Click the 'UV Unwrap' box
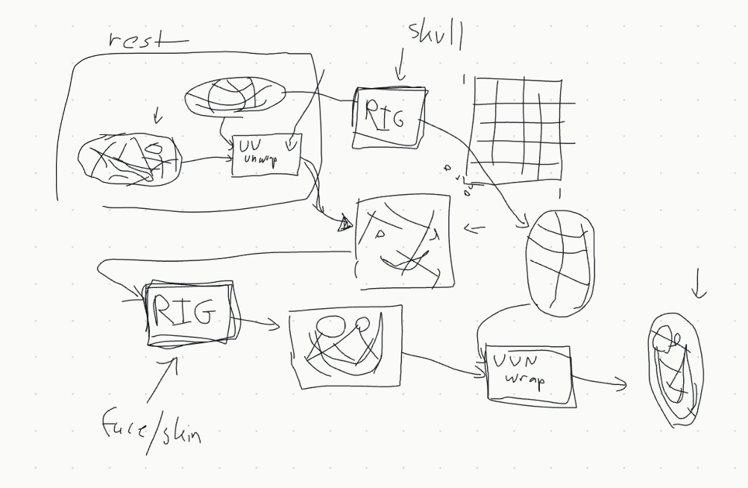pos(266,155)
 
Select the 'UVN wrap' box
pos(529,373)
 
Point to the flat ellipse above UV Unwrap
pos(235,96)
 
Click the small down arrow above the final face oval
pos(698,287)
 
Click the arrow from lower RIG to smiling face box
pos(257,323)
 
